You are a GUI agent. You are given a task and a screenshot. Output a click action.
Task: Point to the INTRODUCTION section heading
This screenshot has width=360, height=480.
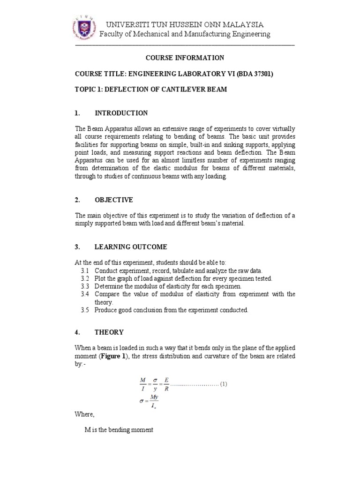[x=121, y=113]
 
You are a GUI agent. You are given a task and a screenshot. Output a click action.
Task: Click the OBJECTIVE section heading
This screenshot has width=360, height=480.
[x=113, y=200]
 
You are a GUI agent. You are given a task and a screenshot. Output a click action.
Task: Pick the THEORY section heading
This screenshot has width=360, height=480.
[x=109, y=332]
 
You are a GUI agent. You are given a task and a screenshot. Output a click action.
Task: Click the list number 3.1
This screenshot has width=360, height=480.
[x=84, y=271]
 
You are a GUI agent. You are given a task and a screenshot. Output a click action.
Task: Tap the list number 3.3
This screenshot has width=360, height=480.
[x=84, y=286]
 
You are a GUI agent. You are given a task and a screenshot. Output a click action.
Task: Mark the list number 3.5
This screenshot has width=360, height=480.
[x=84, y=310]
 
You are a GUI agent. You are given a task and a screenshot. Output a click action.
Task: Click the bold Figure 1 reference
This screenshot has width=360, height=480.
[x=112, y=355]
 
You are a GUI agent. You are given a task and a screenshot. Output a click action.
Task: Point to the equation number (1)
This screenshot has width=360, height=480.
[x=223, y=384]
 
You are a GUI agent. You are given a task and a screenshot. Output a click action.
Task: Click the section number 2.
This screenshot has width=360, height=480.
[x=77, y=200]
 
